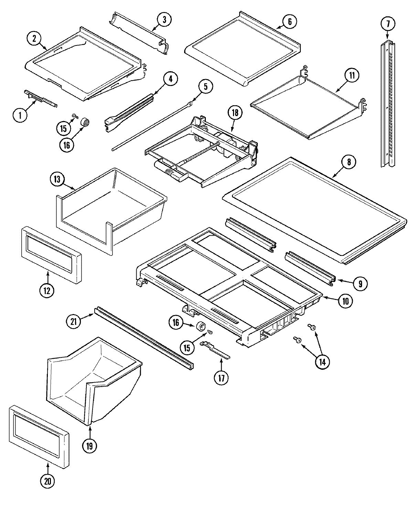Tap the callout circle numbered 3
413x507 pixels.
(x=164, y=20)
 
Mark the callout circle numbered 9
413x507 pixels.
(x=360, y=283)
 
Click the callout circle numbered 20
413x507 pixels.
(x=48, y=481)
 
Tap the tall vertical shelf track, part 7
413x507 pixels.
(x=388, y=103)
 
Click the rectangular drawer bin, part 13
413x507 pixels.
(x=110, y=206)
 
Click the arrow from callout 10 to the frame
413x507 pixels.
(x=330, y=298)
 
